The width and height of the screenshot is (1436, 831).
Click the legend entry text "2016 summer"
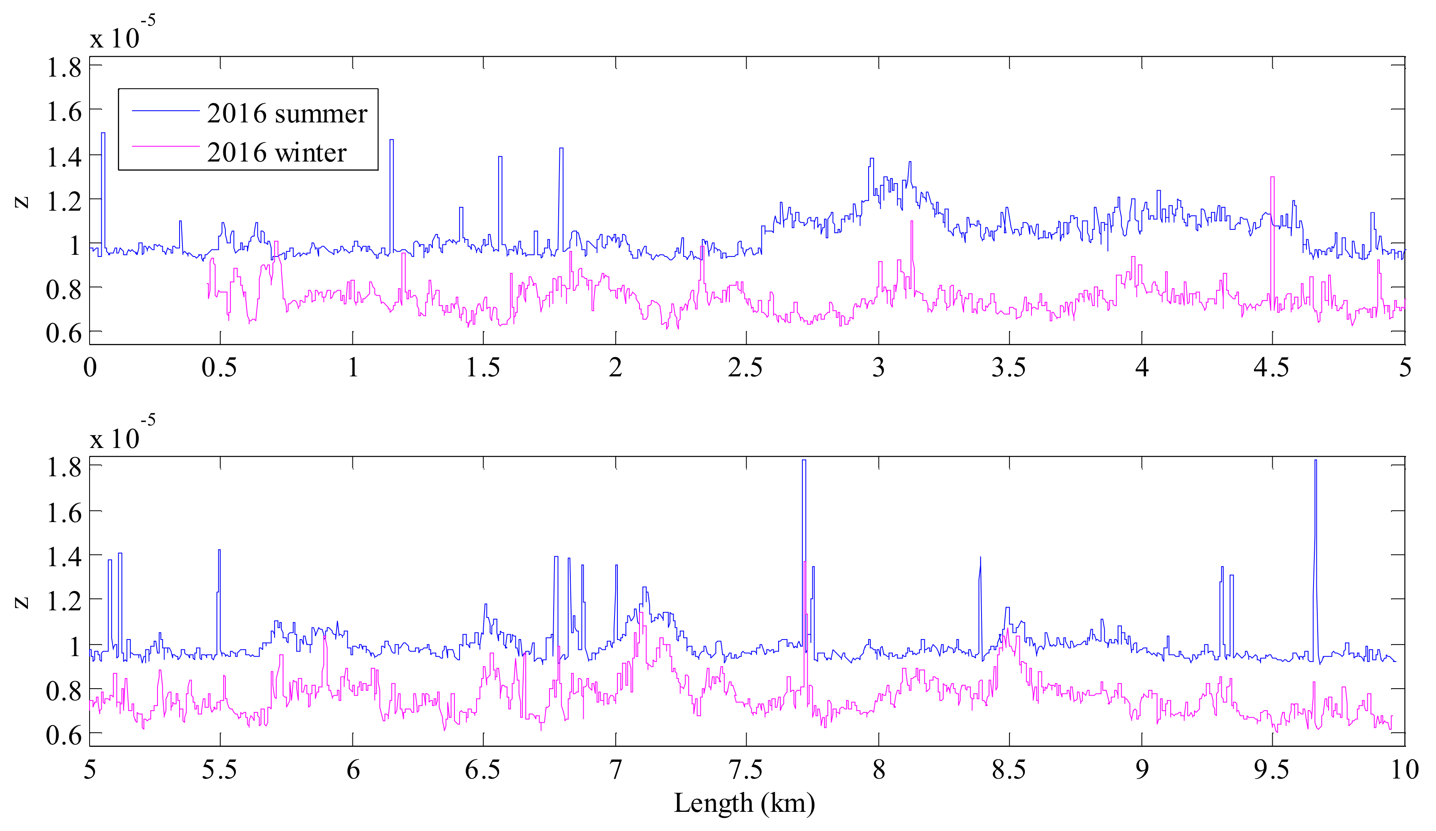click(x=287, y=114)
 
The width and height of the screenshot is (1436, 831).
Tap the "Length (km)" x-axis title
click(x=744, y=803)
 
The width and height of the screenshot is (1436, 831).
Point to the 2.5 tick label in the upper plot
click(x=745, y=368)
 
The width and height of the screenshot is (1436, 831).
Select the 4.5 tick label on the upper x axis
click(x=1271, y=368)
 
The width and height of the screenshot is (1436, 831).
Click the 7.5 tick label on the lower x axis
click(x=745, y=770)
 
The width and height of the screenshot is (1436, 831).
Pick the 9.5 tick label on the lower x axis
click(x=1271, y=770)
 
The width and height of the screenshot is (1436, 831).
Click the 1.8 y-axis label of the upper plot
click(x=64, y=68)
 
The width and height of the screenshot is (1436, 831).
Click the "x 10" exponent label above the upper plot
click(x=115, y=39)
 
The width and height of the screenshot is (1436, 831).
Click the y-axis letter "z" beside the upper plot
click(x=22, y=201)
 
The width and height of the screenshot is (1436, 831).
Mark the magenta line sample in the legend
click(x=165, y=147)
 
